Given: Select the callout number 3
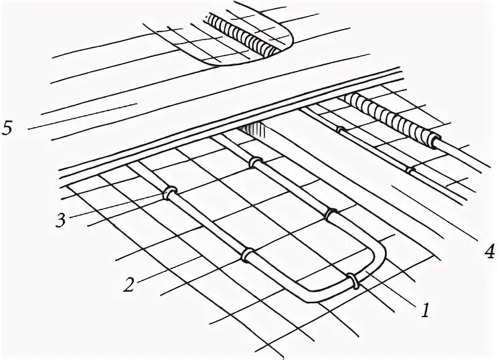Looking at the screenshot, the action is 61,220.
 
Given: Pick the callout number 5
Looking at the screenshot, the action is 7,128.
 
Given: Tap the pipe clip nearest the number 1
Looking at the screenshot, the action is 353,280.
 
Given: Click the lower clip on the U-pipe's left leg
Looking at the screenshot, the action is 246,254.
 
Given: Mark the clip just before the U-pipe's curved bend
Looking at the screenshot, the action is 331,214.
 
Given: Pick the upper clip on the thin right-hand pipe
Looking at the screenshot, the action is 341,131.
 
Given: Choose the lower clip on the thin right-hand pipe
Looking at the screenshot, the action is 411,170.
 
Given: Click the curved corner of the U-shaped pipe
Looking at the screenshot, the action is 380,258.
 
